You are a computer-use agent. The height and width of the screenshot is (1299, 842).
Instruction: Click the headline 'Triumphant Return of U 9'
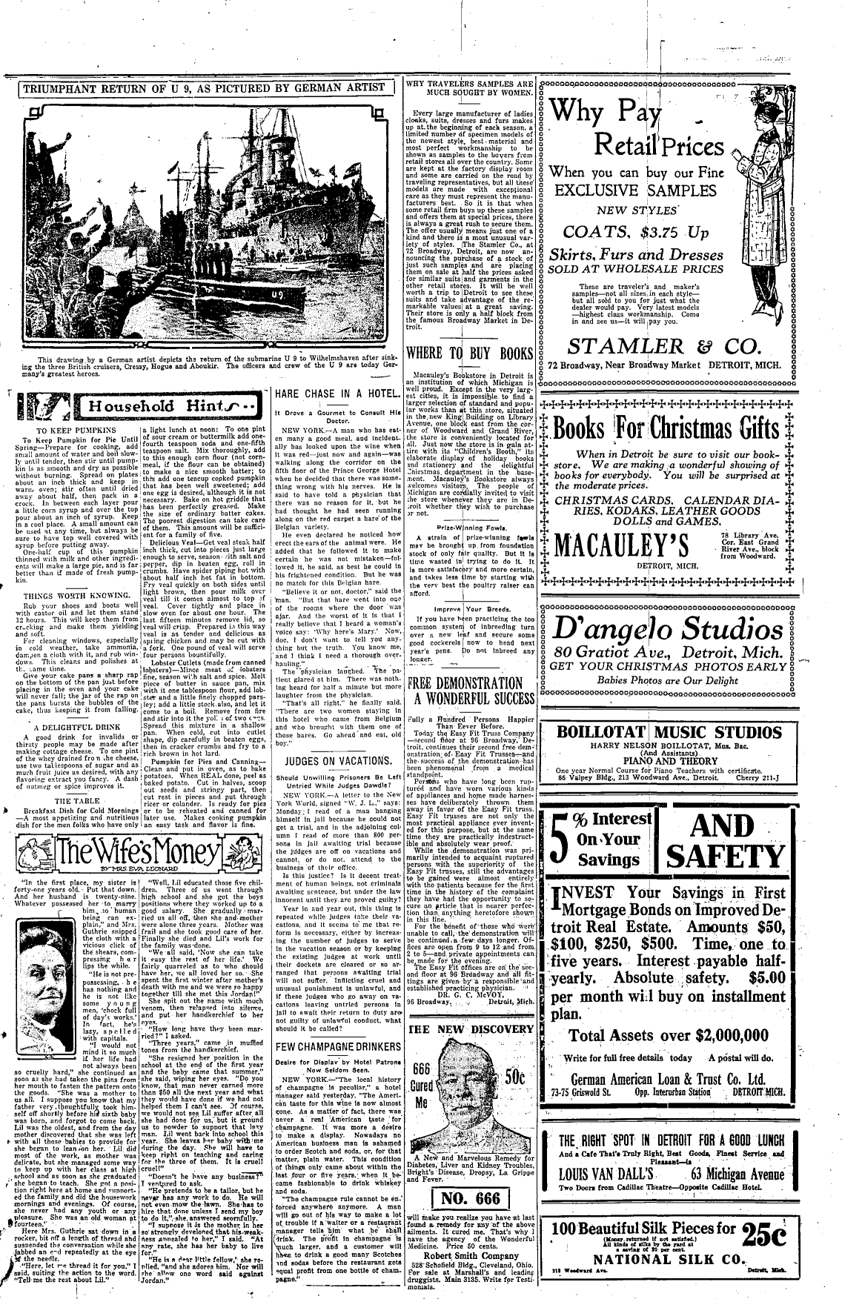[x=202, y=87]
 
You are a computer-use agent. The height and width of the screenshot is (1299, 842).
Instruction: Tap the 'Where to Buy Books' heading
[x=471, y=353]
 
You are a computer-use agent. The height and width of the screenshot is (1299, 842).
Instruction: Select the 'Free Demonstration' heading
[x=471, y=691]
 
